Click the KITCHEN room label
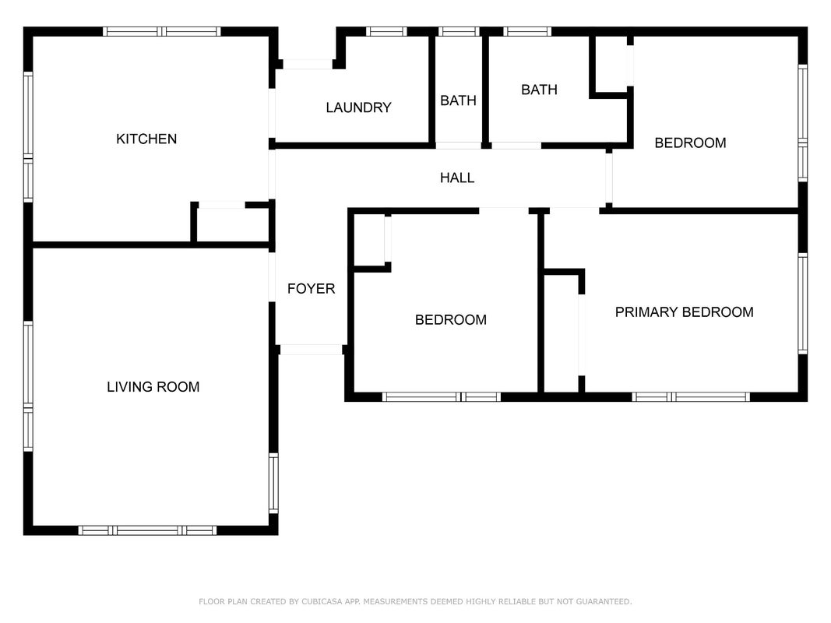[146, 139]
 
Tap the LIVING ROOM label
[153, 387]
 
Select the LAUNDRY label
[358, 107]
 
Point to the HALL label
[457, 178]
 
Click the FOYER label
[311, 289]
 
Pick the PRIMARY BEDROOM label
[685, 312]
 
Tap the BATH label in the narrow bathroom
[458, 100]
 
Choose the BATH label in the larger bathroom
[539, 90]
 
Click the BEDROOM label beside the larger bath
[690, 143]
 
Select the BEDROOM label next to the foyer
[450, 319]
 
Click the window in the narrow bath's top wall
[459, 32]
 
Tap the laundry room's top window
[386, 32]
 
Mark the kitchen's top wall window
[162, 32]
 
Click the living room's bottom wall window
[147, 530]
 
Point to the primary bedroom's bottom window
[691, 397]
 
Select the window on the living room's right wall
[273, 483]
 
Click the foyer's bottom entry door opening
[311, 350]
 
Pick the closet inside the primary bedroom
[562, 334]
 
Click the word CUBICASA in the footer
[321, 601]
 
